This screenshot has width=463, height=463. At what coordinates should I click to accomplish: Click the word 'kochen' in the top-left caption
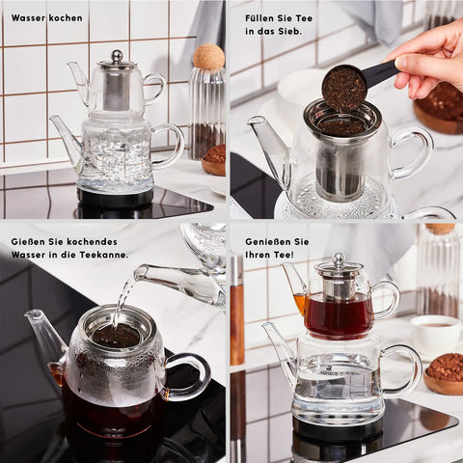pos(65,18)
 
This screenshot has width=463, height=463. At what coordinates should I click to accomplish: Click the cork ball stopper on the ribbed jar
pos(208,57)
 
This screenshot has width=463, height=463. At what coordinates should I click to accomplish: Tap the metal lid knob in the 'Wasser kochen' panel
pos(117,56)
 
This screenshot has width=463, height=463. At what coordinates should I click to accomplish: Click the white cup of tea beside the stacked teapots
pos(436,335)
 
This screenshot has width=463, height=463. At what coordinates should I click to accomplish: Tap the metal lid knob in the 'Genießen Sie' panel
pos(339,259)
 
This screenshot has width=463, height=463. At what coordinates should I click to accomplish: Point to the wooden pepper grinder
pos(237,311)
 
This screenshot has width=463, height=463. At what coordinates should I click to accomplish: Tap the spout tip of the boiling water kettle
pos(53,119)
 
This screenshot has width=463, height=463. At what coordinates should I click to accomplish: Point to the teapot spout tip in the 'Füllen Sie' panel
pos(255,121)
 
